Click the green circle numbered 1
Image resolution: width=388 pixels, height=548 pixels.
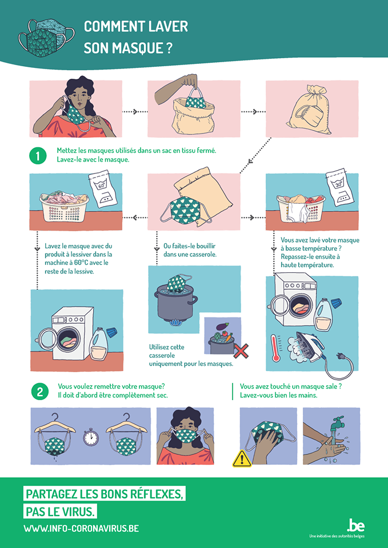tap(38, 155)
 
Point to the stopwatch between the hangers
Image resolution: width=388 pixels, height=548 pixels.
tap(90, 438)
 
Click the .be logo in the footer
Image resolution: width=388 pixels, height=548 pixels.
tap(355, 525)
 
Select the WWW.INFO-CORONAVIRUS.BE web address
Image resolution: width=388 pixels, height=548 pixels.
tap(81, 529)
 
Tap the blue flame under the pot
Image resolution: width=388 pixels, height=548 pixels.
tap(175, 323)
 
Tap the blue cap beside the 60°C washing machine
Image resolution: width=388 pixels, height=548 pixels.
tap(111, 331)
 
